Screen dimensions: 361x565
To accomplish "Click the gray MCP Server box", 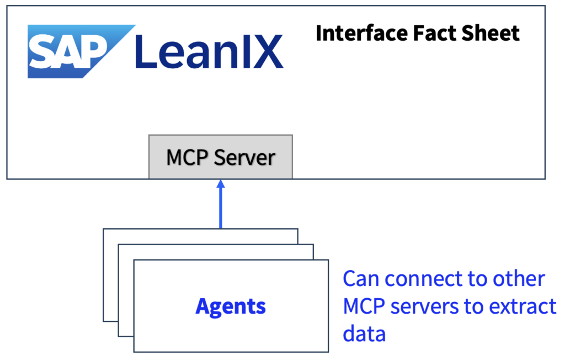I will pyautogui.click(x=221, y=157).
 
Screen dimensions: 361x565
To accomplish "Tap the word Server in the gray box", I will pyautogui.click(x=244, y=158).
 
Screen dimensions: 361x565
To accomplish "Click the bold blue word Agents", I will pyautogui.click(x=231, y=306).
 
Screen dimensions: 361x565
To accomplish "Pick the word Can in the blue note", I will pyautogui.click(x=361, y=279).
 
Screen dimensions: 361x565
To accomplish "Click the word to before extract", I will pyautogui.click(x=476, y=306).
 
